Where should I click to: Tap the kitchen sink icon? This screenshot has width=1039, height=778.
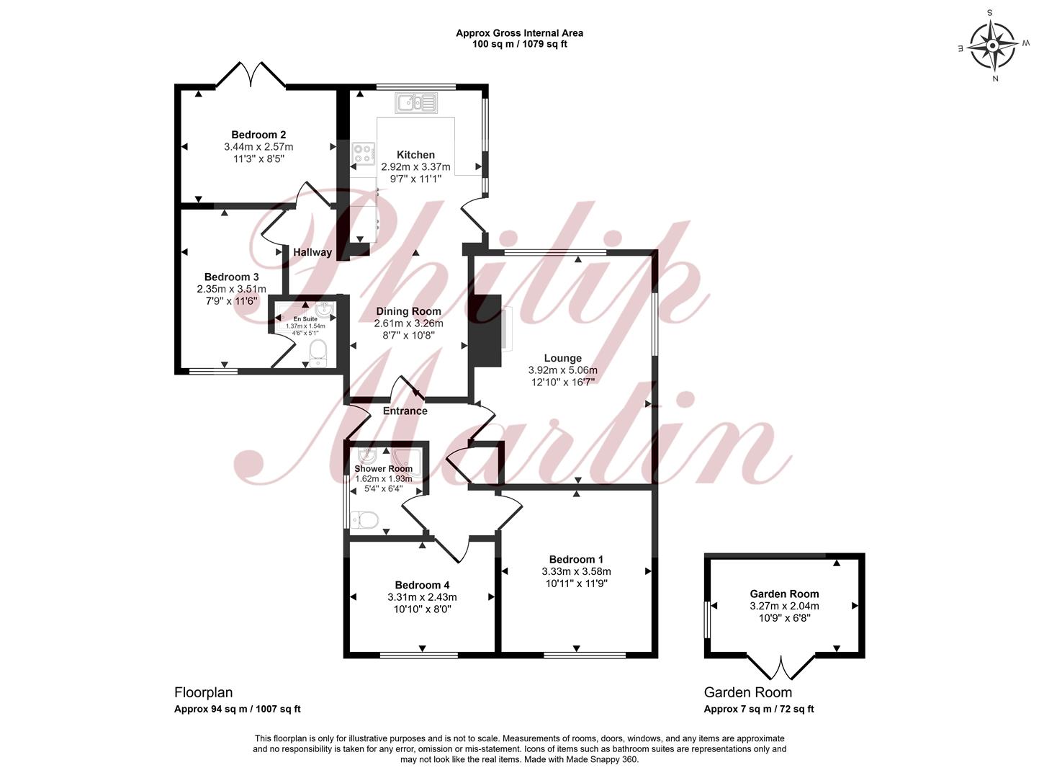tap(416, 103)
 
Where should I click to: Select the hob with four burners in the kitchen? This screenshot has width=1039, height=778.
tap(364, 155)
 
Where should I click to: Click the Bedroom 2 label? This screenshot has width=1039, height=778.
tap(258, 135)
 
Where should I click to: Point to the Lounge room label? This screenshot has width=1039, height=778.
tap(562, 358)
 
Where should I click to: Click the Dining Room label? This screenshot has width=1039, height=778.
tap(408, 311)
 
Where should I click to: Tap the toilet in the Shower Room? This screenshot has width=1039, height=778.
tap(364, 520)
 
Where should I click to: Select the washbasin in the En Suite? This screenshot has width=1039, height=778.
tap(325, 310)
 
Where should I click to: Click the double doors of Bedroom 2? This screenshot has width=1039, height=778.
tap(251, 75)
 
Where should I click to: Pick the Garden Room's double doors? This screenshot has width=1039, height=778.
tap(781, 667)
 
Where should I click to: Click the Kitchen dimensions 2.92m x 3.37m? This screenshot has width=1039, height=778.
tap(415, 166)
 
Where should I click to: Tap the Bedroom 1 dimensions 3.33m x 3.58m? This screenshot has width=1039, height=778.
tap(576, 571)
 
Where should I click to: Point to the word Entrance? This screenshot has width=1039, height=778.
tap(405, 411)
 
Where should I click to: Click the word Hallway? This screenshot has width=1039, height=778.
tap(312, 252)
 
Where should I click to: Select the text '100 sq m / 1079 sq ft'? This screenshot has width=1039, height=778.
tap(520, 44)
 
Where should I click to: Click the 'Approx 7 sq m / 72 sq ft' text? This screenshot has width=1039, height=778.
tap(759, 709)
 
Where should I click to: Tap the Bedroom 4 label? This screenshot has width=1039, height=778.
tap(422, 585)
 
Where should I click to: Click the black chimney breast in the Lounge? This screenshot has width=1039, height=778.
tap(485, 331)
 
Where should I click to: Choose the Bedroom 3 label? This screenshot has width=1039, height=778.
tap(231, 277)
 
